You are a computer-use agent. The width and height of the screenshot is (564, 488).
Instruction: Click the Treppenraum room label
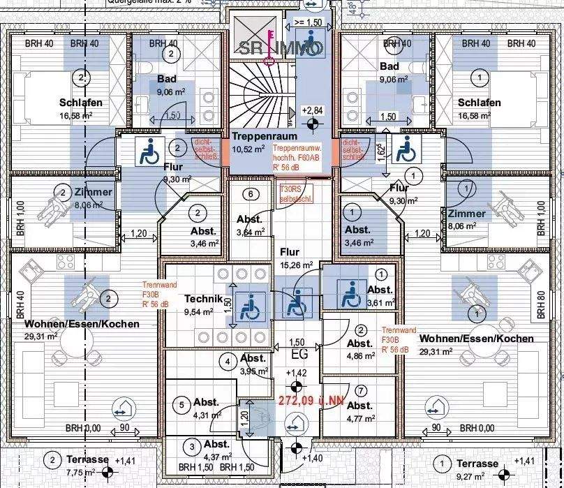coord(265,137)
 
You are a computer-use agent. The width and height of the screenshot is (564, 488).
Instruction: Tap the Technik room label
coord(203,299)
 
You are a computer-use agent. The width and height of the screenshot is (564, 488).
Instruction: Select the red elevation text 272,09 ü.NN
coord(311,401)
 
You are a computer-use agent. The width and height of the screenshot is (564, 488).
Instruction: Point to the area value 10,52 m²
coord(248,149)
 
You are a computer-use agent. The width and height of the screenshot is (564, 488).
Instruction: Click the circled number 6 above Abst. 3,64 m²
coord(248,194)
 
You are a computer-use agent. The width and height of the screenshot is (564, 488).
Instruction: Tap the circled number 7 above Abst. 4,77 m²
coord(361,391)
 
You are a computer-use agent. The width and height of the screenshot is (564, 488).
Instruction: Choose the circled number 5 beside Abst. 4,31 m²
coord(181,404)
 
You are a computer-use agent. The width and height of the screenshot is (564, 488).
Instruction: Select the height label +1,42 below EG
coord(297,373)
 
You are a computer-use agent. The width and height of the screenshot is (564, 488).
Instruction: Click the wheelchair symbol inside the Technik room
coord(246,307)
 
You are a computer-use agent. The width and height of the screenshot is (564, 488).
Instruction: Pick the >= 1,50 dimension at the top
coord(309,22)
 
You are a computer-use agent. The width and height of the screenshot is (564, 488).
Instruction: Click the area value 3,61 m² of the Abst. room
coord(380,304)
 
